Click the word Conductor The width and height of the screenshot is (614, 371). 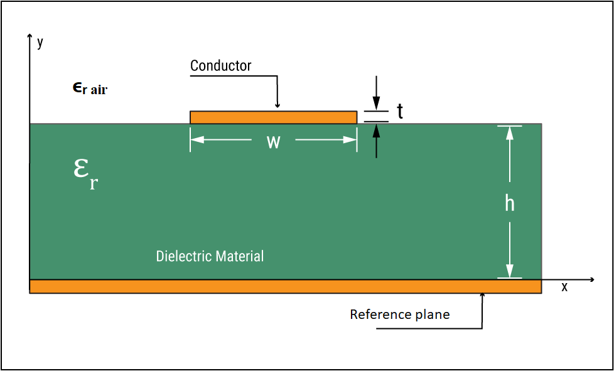220,65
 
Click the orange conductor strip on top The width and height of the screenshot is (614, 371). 273,117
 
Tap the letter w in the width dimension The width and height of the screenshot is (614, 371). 273,142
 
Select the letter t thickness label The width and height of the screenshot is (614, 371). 399,112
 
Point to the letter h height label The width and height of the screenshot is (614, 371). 510,203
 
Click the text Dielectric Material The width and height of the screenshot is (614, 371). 210,256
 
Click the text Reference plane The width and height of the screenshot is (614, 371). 399,315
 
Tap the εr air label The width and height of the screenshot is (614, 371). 90,89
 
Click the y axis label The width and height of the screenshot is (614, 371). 40,42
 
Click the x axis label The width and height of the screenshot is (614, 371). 564,287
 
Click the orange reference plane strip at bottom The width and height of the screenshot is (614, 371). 285,287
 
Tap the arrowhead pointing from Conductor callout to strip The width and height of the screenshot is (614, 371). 277,105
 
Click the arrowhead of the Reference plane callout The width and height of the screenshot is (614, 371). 482,296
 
